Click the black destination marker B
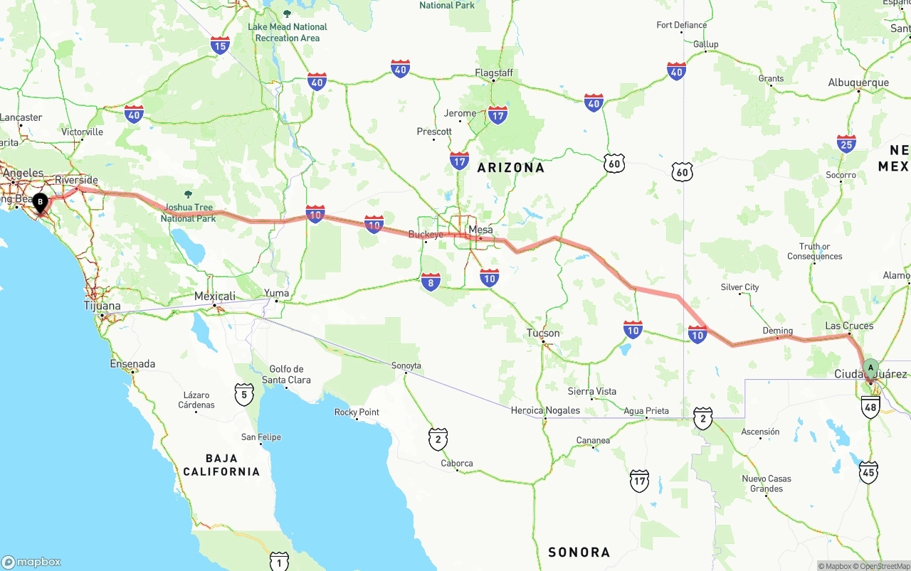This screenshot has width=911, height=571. [x=41, y=203]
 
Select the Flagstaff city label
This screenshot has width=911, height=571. [x=494, y=73]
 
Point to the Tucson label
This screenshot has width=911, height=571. [x=543, y=333]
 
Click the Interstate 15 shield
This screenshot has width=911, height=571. [x=220, y=46]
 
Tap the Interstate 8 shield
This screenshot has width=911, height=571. [x=430, y=282]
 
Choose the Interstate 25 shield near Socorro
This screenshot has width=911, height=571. [x=846, y=144]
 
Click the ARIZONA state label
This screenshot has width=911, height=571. [x=510, y=168]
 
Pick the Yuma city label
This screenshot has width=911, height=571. [x=276, y=293]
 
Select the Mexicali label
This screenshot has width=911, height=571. [x=215, y=296]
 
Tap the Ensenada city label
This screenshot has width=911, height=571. [x=132, y=363]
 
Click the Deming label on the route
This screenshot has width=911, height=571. [x=777, y=331]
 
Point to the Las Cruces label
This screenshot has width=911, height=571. [x=849, y=326]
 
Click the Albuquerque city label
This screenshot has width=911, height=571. [x=858, y=82]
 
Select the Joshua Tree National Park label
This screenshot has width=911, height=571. [x=188, y=213]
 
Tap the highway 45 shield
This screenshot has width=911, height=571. [x=868, y=472]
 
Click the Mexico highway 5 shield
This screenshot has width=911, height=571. [x=244, y=395]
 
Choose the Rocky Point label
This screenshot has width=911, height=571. [x=357, y=412]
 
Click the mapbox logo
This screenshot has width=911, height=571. [x=31, y=562]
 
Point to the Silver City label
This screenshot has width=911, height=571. [x=739, y=287]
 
